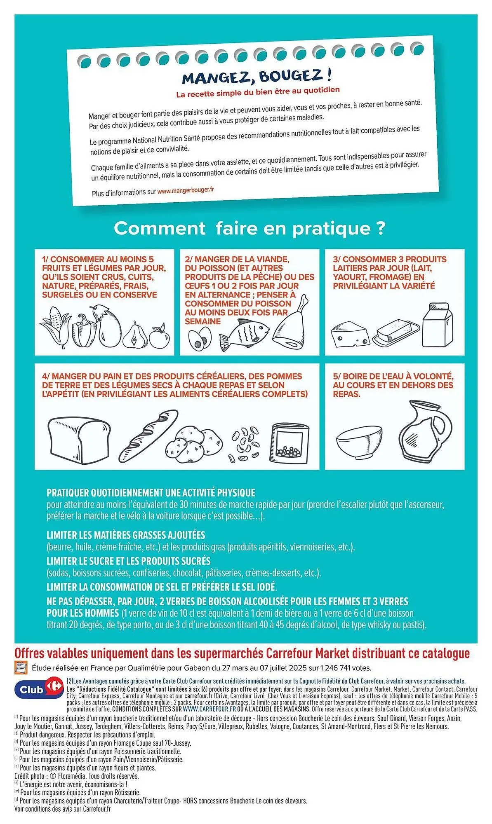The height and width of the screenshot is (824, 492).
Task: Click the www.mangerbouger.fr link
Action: (x=186, y=190)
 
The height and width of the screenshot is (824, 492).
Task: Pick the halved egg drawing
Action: (x=200, y=338)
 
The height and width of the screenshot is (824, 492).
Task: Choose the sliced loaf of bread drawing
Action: (x=79, y=440)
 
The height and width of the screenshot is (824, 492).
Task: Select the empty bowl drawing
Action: (x=359, y=442)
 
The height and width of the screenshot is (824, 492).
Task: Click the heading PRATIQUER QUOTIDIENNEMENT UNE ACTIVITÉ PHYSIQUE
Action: (x=151, y=493)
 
